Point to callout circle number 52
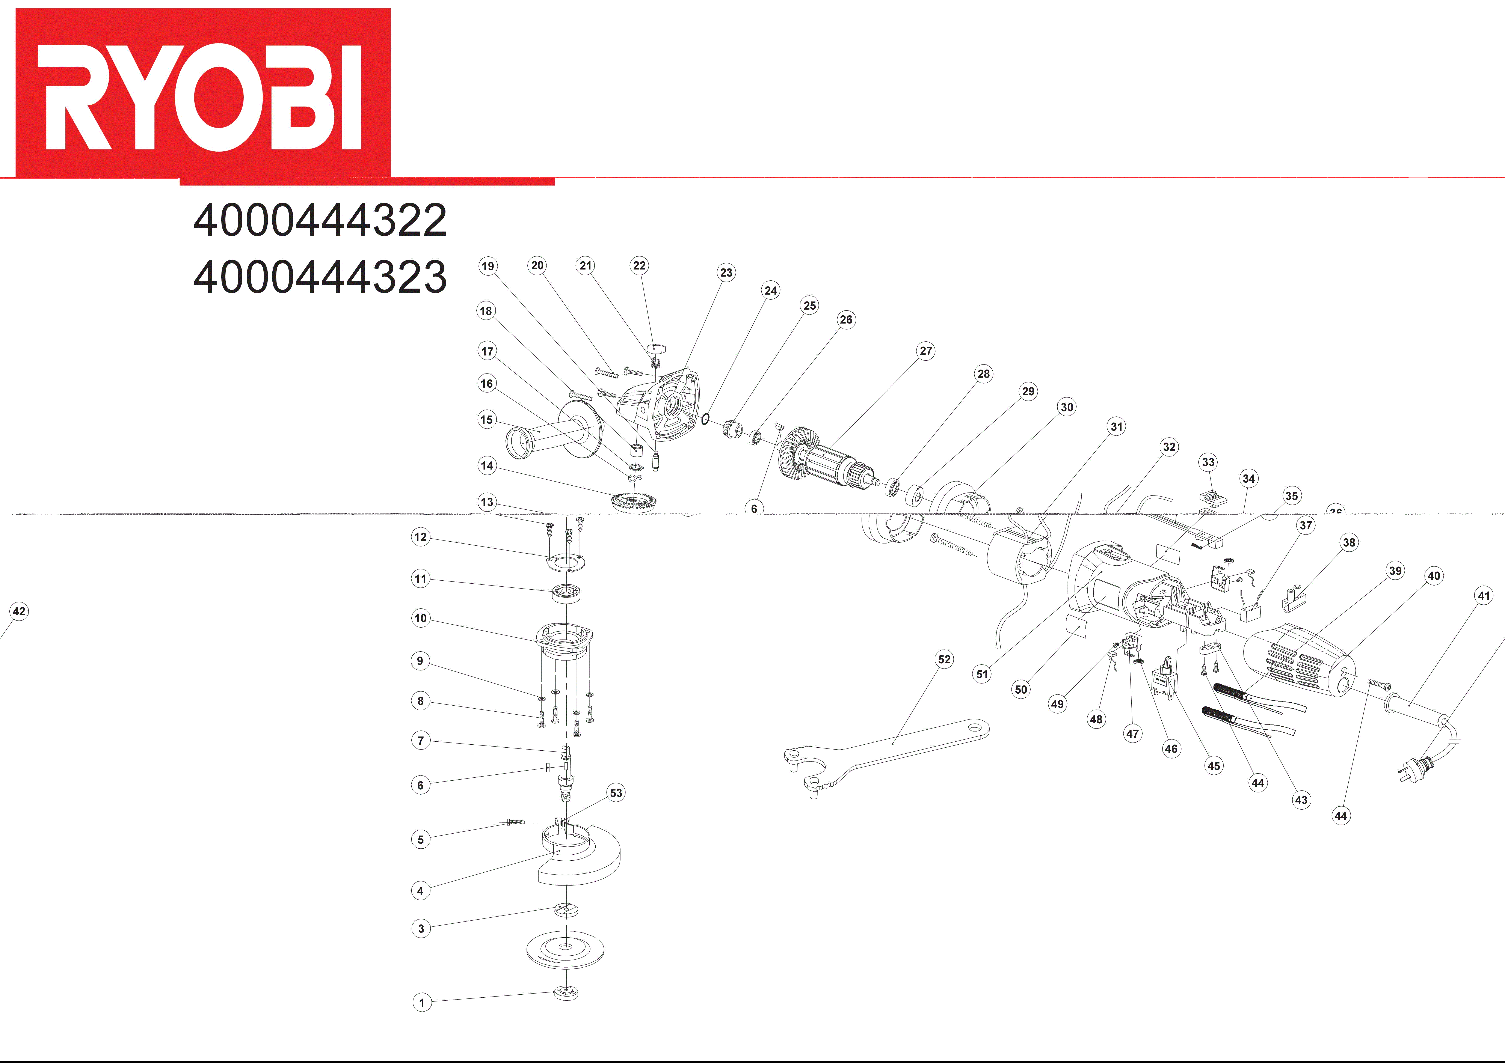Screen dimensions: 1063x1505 (944, 659)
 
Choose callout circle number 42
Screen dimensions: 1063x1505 (19, 611)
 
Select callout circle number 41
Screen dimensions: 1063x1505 (1483, 596)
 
